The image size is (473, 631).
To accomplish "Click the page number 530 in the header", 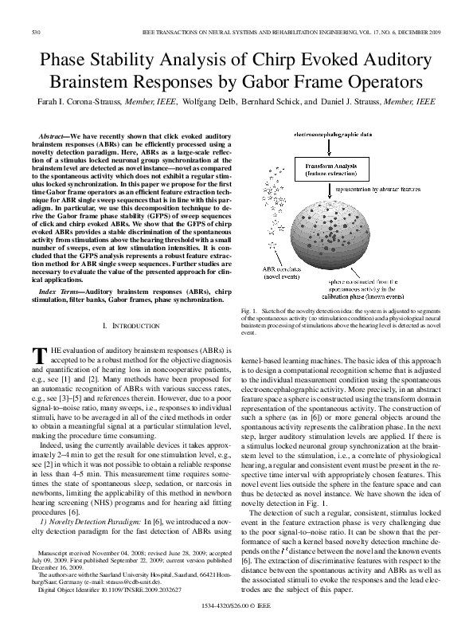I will click(35, 32).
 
